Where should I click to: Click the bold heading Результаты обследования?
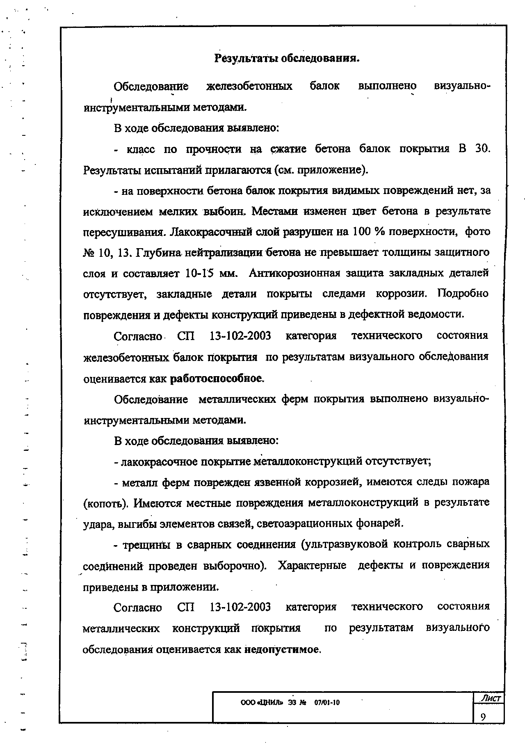[287, 59]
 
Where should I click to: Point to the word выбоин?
[226, 212]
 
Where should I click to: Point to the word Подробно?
[463, 294]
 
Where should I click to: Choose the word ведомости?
[437, 315]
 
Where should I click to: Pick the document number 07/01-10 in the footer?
[327, 703]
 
